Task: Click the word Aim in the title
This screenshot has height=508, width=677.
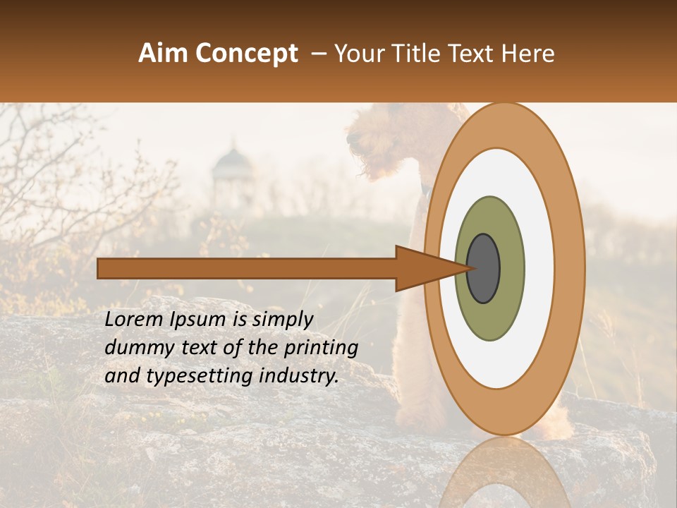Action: coord(164,54)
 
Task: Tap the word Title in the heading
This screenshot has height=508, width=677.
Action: coord(417,54)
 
